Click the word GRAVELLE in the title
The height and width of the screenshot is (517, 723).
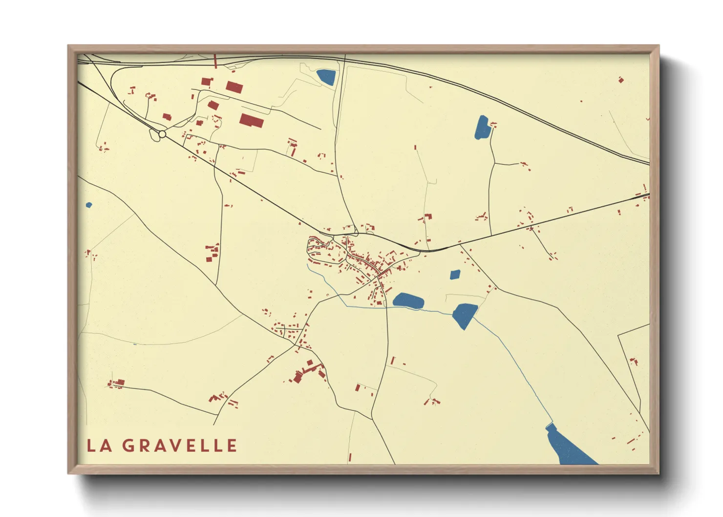(179, 446)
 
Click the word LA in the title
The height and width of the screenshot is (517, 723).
(100, 446)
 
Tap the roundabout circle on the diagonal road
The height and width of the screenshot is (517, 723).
(162, 133)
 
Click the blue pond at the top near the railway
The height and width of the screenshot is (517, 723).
(326, 77)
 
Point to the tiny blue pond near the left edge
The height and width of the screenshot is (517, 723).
(88, 205)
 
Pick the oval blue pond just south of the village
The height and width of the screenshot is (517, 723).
(408, 301)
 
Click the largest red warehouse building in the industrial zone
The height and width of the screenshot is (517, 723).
(252, 120)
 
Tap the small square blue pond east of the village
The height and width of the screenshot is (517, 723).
(455, 275)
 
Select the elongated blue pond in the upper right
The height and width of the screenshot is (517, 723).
(482, 128)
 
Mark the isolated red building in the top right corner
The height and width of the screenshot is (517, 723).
(621, 80)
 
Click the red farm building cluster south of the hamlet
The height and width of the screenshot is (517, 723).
(308, 371)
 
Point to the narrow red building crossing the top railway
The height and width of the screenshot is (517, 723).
(215, 61)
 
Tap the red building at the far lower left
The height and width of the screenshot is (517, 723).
(118, 383)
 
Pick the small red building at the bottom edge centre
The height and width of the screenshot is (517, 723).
(350, 457)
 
